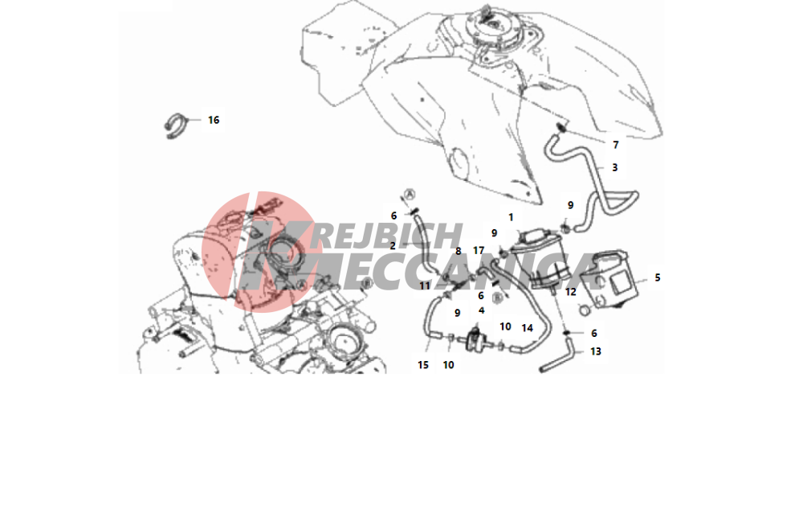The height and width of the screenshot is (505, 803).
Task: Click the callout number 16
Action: point(214,120)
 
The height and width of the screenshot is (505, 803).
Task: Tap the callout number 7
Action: point(616,145)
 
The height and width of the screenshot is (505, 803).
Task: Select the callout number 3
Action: point(614,167)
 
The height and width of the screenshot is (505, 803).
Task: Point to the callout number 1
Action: point(511,217)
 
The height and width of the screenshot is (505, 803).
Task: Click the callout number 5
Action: point(658,278)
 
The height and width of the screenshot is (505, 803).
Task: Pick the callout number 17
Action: point(479,251)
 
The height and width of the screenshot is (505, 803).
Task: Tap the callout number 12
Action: point(570,292)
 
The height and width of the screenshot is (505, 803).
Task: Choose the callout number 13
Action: point(596,351)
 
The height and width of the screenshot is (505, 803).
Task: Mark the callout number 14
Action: point(527,328)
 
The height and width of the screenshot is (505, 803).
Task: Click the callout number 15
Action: point(423,365)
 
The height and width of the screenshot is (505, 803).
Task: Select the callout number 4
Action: point(481,310)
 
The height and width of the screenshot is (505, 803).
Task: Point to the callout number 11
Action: point(425,286)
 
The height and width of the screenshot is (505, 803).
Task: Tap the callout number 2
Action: point(393,246)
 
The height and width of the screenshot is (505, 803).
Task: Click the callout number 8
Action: point(459,251)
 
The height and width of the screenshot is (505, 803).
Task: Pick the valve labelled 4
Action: point(477,340)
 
